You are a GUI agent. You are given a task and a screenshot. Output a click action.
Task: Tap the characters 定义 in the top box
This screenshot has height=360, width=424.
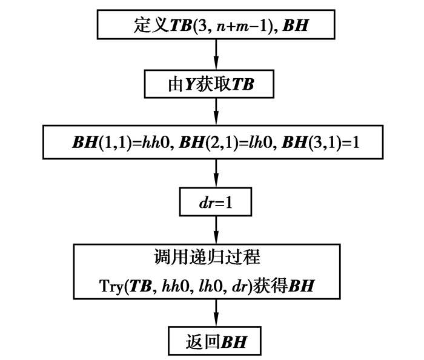tap(146, 25)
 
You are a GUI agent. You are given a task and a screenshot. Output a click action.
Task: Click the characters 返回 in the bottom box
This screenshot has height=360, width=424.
tap(199, 341)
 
